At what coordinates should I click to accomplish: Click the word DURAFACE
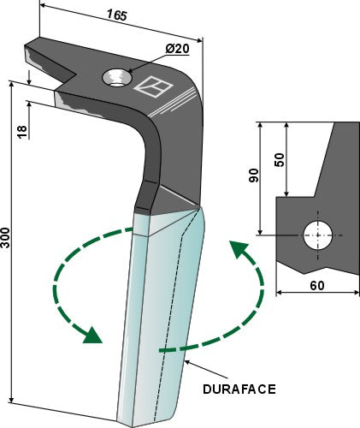click(240, 389)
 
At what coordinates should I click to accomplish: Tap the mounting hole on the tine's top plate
click(116, 79)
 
